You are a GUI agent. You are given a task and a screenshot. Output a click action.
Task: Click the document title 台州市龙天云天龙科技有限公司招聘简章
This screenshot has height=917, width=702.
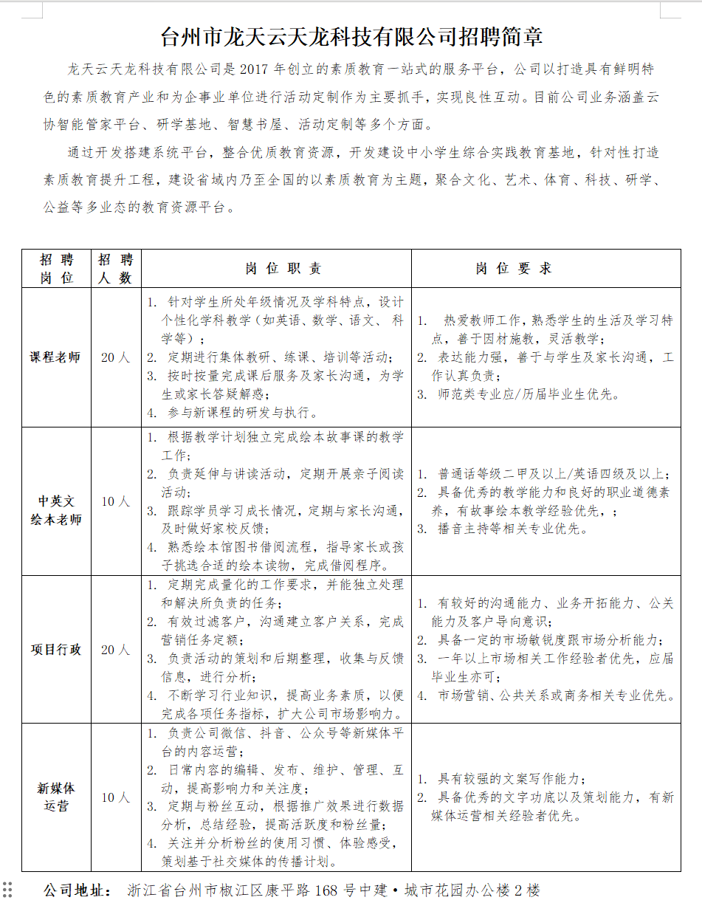[351, 36]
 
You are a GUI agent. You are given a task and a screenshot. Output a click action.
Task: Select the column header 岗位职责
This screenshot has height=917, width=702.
[283, 269]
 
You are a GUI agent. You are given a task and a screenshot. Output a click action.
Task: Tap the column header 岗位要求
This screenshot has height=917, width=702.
[514, 269]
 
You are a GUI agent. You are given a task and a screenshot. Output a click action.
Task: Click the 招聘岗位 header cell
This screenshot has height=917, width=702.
[56, 269]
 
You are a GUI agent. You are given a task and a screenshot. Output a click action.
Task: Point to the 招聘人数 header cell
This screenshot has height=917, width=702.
[115, 269]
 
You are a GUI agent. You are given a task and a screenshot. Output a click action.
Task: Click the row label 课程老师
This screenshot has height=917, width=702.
[55, 357]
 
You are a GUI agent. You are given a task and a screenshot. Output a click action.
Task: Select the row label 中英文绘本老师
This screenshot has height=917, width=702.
[55, 510]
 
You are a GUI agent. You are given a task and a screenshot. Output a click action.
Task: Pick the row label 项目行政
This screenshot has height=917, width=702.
[55, 650]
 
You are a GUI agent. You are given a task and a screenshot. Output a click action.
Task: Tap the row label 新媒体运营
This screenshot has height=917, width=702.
[55, 797]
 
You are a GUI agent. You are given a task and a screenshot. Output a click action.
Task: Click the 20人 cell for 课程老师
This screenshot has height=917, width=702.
[115, 357]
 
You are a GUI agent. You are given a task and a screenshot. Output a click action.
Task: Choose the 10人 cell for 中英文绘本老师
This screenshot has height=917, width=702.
[115, 502]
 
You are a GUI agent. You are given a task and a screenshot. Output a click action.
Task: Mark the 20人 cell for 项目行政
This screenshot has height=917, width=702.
[115, 650]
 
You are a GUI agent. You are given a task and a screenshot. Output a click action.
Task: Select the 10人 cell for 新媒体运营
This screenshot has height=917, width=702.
[115, 797]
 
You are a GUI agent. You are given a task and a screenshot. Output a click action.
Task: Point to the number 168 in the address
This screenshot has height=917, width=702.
[326, 890]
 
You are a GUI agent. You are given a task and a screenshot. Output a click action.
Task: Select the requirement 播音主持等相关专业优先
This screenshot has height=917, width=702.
[511, 529]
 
